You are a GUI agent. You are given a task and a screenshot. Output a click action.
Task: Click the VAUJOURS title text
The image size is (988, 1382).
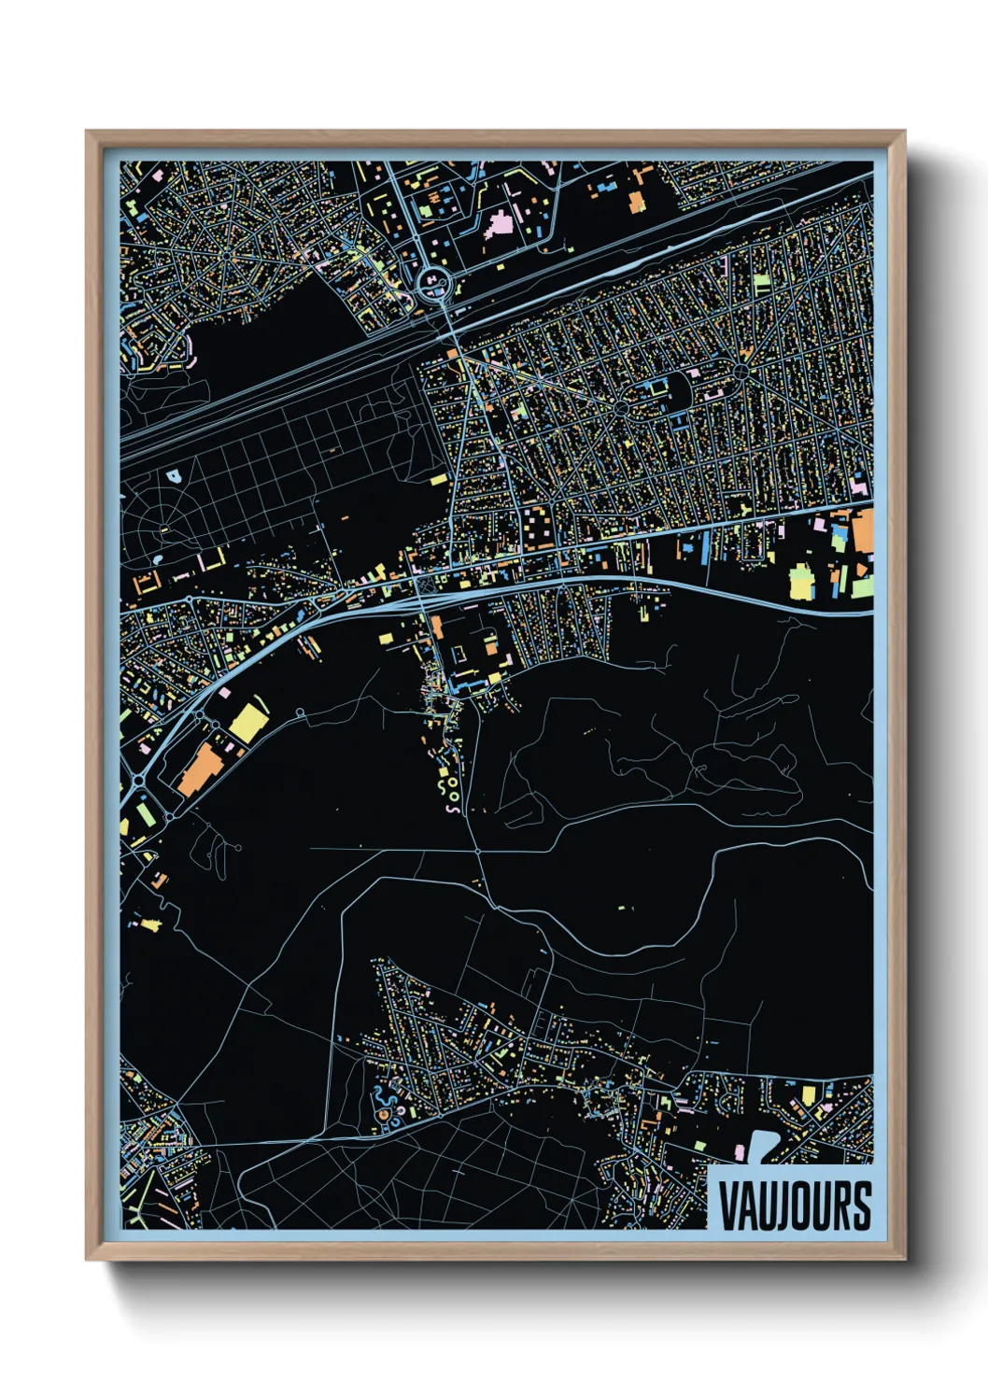[794, 1206]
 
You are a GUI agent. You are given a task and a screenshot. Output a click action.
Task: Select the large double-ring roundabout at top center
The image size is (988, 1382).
[432, 281]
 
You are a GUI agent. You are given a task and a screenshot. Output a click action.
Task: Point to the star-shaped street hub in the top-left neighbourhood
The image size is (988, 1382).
[226, 253]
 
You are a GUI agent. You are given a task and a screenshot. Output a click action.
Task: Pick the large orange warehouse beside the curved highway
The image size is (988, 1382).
[198, 769]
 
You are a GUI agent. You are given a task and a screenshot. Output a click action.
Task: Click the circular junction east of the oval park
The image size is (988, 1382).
[742, 374]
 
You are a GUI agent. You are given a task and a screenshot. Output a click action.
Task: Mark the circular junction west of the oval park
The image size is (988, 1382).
[621, 409]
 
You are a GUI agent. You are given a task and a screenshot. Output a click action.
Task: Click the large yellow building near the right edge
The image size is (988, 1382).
[801, 582]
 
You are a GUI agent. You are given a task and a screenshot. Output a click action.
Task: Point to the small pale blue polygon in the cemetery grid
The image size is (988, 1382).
[174, 476]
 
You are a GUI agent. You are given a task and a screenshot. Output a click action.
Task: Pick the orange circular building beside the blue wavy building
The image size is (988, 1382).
[382, 1115]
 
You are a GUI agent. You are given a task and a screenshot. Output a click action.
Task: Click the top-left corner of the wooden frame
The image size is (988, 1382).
[88, 133]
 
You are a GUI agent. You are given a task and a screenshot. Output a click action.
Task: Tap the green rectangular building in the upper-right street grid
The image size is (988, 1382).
[761, 282]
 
